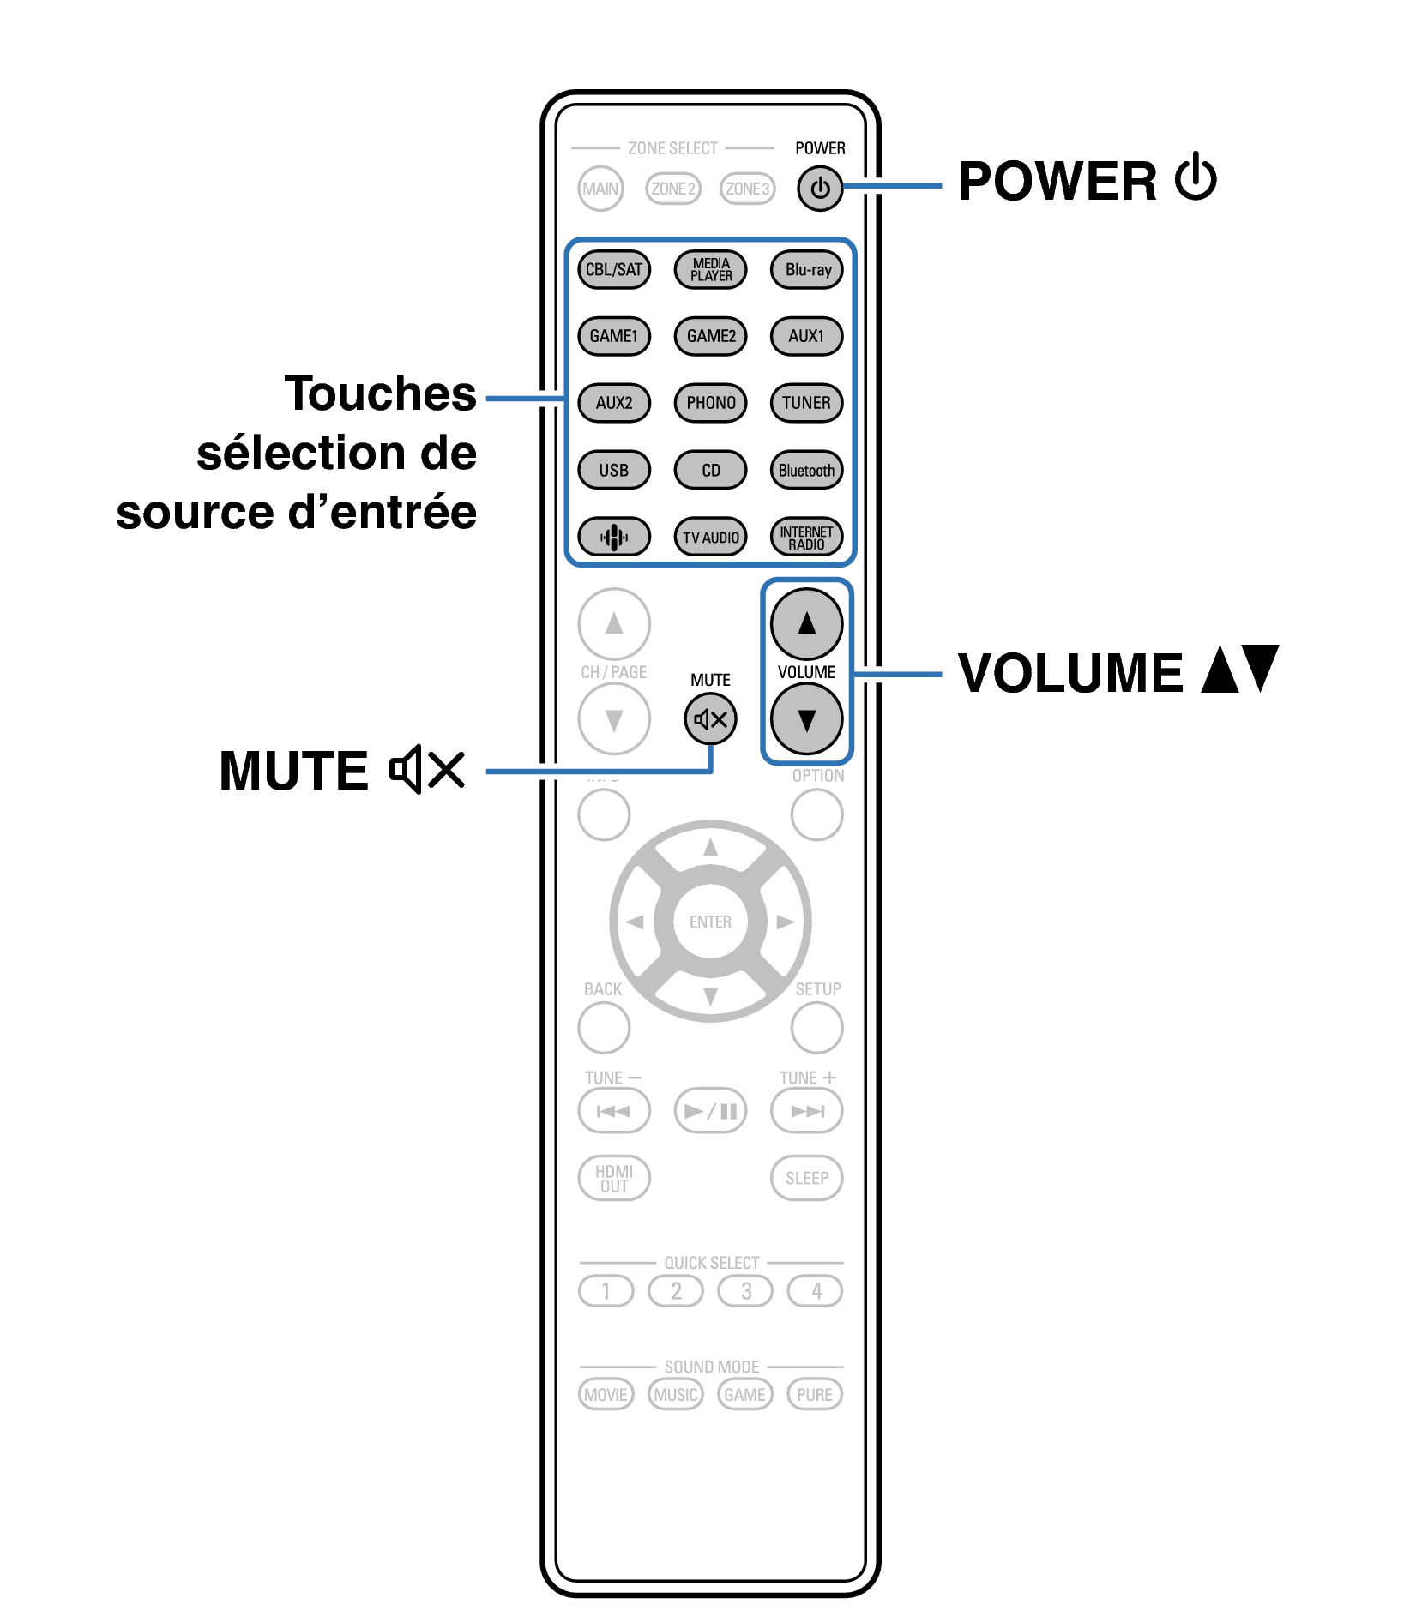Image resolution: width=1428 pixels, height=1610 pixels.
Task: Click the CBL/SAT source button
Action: [614, 269]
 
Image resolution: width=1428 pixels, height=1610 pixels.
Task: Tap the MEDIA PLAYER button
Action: [711, 269]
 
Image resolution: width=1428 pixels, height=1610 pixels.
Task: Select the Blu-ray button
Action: [807, 269]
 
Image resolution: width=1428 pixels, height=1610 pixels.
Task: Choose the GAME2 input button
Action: [711, 336]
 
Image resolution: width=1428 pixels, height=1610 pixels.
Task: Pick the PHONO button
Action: [711, 403]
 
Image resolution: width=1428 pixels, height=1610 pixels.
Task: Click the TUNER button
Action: [807, 403]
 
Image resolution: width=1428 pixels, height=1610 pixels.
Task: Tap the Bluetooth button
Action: [807, 470]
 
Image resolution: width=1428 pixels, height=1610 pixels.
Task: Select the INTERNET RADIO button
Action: [807, 538]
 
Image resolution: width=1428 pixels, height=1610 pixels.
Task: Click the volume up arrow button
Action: [807, 623]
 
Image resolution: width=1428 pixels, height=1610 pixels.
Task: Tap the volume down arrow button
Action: [807, 719]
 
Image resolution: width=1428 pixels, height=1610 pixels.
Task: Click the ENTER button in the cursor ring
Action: [711, 922]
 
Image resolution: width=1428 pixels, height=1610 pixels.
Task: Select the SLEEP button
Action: [807, 1178]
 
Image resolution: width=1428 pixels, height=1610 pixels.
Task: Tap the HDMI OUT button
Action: [614, 1178]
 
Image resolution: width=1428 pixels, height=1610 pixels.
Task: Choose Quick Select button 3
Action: [746, 1290]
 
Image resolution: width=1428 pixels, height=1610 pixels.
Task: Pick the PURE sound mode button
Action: [815, 1394]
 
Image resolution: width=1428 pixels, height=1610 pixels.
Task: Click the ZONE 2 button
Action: [673, 189]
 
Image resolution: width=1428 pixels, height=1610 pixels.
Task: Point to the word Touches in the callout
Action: [381, 393]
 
